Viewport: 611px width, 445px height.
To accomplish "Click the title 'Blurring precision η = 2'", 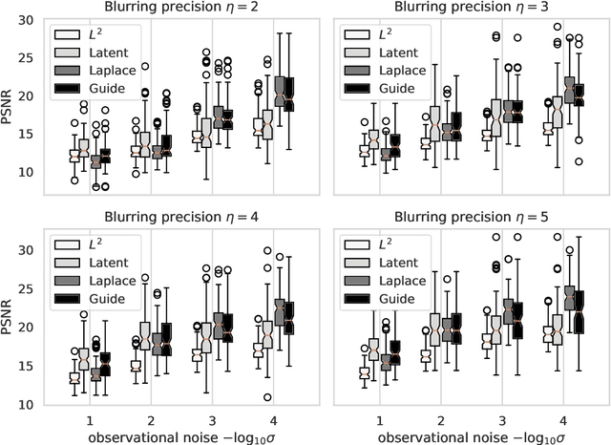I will [180, 10].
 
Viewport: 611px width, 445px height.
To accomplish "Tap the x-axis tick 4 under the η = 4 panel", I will [268, 419].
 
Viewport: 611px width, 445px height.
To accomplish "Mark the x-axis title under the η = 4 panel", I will [180, 435].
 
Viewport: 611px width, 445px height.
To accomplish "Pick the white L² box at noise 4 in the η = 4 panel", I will [257, 350].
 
